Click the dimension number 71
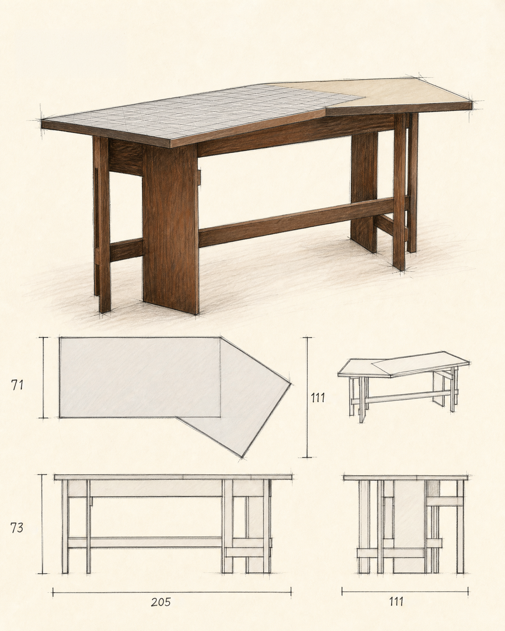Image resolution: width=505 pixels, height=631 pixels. pyautogui.click(x=17, y=385)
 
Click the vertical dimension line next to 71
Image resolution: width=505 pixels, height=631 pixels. pyautogui.click(x=44, y=378)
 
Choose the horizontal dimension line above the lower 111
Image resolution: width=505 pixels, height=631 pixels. pyautogui.click(x=405, y=592)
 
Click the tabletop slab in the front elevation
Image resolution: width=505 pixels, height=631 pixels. pyautogui.click(x=173, y=486)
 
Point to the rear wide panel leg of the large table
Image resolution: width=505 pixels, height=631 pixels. pyautogui.click(x=365, y=192)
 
